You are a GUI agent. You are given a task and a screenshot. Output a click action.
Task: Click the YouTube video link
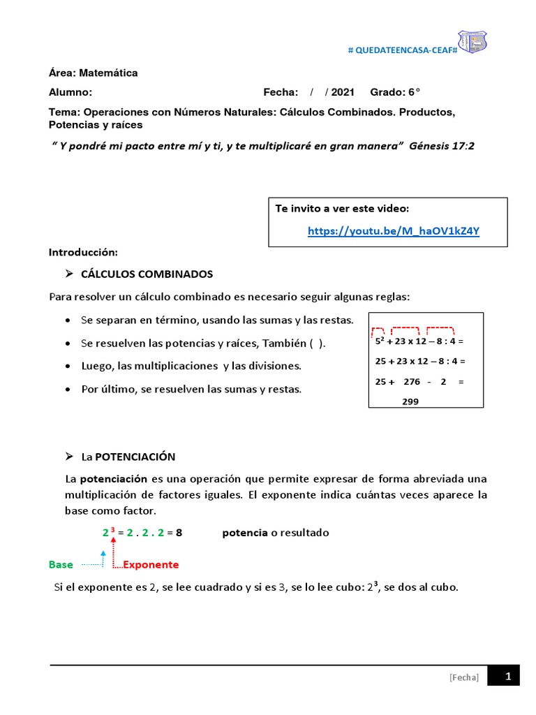click(x=393, y=231)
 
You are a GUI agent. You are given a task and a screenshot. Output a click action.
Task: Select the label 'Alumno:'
click(x=70, y=92)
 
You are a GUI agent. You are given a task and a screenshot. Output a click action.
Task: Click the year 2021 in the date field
click(x=343, y=92)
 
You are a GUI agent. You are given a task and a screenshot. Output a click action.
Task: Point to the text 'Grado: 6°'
click(x=395, y=92)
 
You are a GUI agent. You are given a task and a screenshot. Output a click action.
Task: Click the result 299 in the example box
click(x=410, y=401)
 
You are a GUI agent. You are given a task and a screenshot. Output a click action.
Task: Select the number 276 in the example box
click(x=412, y=382)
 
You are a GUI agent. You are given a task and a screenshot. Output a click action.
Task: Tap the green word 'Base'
click(x=61, y=564)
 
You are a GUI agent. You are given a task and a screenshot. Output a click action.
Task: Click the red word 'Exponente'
click(x=151, y=564)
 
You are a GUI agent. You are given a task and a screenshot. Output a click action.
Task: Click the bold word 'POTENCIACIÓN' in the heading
click(x=135, y=457)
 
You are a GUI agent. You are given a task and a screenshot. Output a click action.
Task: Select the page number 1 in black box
click(x=508, y=676)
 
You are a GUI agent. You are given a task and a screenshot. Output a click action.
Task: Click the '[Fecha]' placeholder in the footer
click(x=464, y=677)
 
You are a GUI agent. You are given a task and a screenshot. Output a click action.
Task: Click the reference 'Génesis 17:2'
click(x=445, y=145)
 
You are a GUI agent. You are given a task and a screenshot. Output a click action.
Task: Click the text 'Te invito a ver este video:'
click(x=342, y=209)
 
